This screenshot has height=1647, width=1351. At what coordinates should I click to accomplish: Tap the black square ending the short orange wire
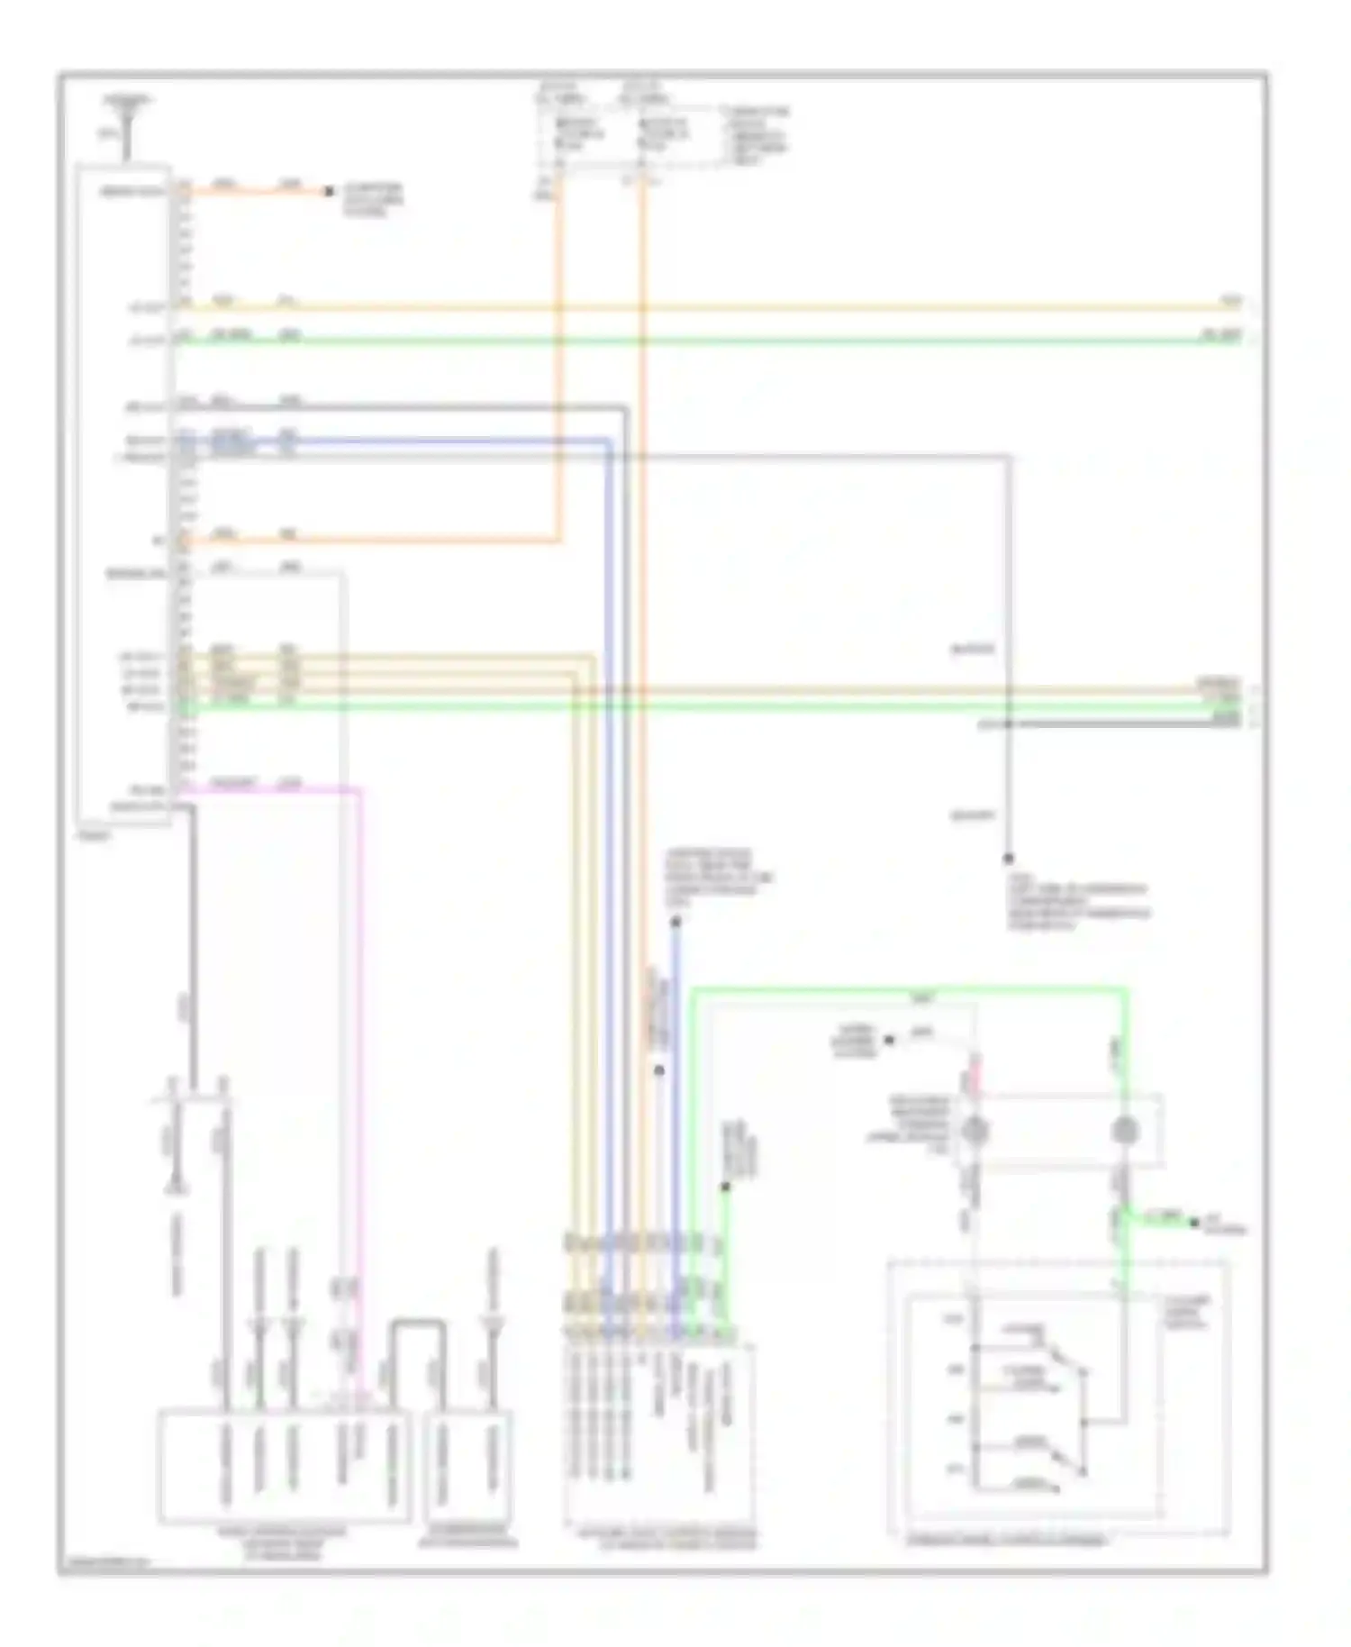pyautogui.click(x=329, y=192)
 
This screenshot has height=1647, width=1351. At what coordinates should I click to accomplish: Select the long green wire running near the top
pyautogui.click(x=721, y=341)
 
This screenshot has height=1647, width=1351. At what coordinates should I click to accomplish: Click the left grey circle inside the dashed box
pyautogui.click(x=975, y=1130)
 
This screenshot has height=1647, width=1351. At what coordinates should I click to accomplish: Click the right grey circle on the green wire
pyautogui.click(x=1123, y=1130)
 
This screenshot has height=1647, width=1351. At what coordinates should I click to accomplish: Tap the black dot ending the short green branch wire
pyautogui.click(x=1194, y=1223)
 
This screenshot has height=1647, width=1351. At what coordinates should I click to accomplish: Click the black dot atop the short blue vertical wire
pyautogui.click(x=675, y=922)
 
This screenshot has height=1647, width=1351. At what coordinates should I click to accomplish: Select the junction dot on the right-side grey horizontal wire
pyautogui.click(x=1008, y=723)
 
